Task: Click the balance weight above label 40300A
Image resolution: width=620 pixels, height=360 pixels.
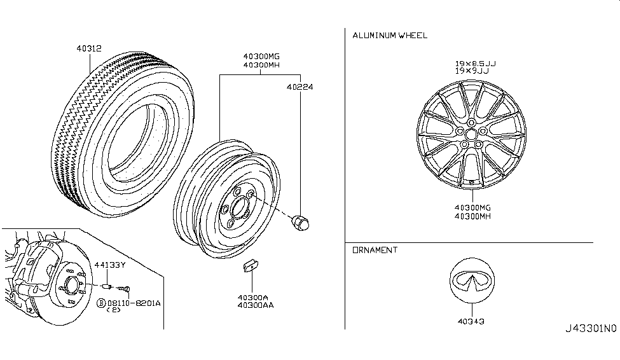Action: tap(249, 265)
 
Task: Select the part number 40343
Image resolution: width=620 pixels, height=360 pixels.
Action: tap(471, 321)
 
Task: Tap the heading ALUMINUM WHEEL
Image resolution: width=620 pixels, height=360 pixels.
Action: tap(390, 36)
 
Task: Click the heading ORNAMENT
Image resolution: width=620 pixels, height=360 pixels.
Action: tap(375, 250)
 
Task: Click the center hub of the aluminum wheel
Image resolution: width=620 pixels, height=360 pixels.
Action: tap(471, 135)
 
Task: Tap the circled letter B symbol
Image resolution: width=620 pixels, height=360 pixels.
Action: tap(100, 304)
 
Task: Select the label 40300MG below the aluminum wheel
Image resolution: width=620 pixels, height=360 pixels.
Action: tap(471, 207)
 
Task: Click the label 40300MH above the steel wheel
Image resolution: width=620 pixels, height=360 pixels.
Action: tap(261, 66)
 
